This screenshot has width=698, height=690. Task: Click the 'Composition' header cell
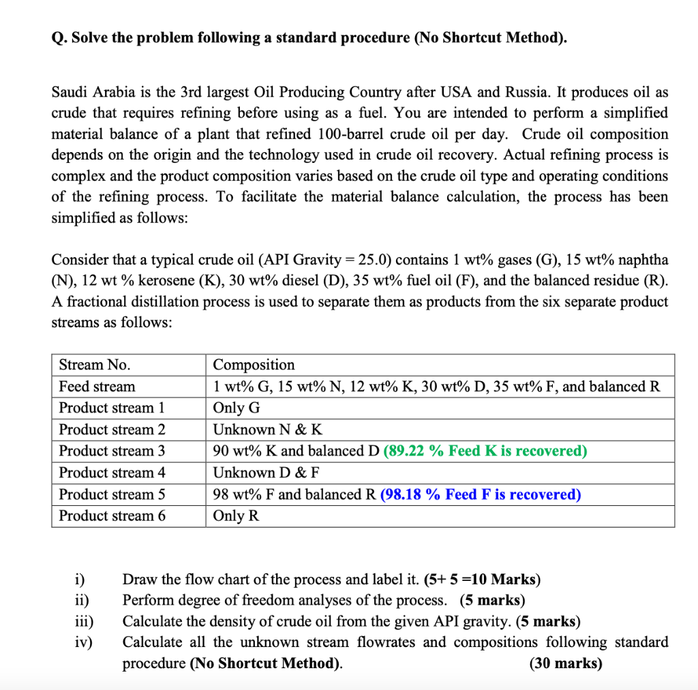point(254,365)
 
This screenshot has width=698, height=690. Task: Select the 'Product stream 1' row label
point(112,408)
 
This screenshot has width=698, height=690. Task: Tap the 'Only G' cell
point(237,408)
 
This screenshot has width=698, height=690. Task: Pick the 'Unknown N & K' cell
point(268,430)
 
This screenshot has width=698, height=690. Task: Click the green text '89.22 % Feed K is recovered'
point(485,451)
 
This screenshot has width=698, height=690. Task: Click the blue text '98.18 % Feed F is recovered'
point(481,494)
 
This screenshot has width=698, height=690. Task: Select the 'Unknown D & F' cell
point(266,472)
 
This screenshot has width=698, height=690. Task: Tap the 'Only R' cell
point(236,515)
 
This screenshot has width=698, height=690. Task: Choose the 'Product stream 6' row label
point(112,515)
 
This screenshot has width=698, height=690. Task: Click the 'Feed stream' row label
point(97,387)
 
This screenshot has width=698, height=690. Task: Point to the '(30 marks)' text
point(565,663)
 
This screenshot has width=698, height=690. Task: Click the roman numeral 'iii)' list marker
point(84,622)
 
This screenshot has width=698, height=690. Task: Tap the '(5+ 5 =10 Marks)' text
point(482,580)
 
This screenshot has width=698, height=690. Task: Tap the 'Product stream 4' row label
point(112,472)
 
